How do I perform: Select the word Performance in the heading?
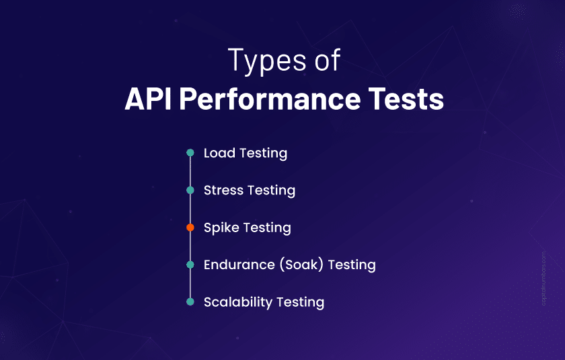(x=262, y=99)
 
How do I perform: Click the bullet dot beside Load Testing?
(x=190, y=153)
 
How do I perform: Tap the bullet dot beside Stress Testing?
(x=190, y=190)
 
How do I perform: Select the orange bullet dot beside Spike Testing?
(x=190, y=227)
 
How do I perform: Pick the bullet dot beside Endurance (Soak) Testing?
(x=190, y=264)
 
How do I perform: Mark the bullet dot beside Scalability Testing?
(x=190, y=302)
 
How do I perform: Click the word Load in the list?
(x=219, y=153)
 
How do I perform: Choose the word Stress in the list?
(x=224, y=190)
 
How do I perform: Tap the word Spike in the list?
(x=222, y=227)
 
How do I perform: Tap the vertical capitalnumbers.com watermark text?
(x=543, y=279)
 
